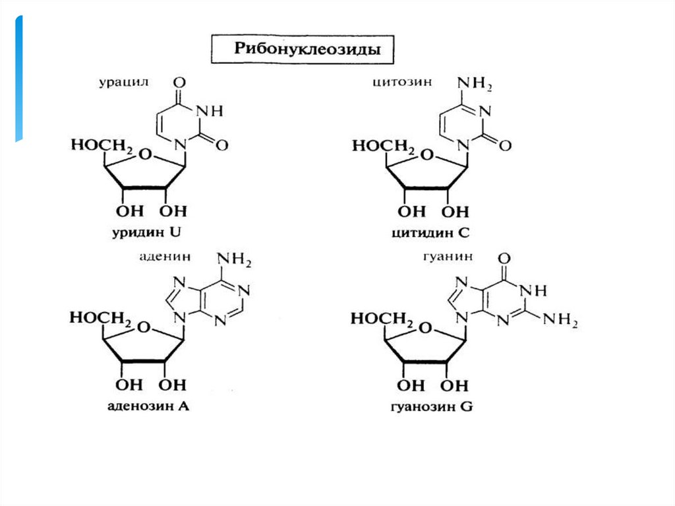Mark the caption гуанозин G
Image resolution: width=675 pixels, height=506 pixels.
[x=430, y=406]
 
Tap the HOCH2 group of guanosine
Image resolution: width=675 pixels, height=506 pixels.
[x=381, y=320]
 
